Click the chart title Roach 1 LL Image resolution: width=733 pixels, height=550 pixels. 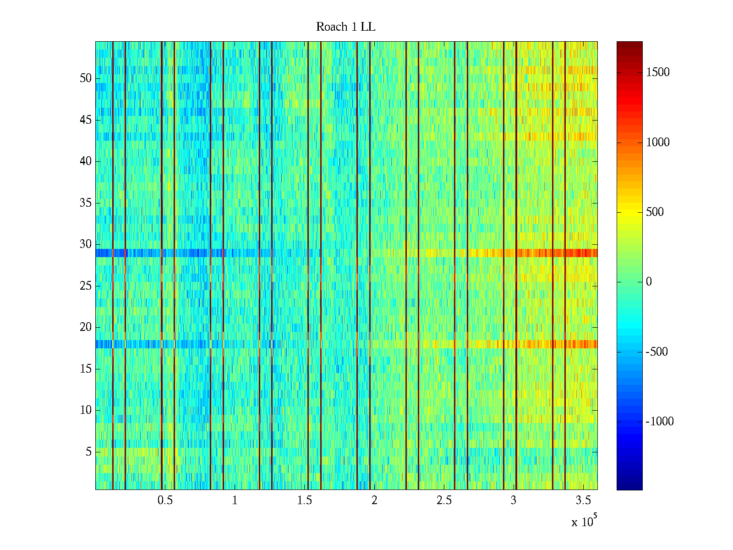click(x=345, y=27)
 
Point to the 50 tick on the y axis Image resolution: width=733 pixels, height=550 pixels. click(x=86, y=78)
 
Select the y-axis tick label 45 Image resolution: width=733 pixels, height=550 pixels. click(x=86, y=120)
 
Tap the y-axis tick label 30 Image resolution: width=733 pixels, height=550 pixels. click(x=86, y=244)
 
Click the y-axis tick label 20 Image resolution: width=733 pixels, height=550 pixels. click(x=86, y=327)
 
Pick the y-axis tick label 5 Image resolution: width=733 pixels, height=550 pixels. click(x=88, y=452)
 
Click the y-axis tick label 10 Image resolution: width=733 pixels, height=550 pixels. click(x=86, y=410)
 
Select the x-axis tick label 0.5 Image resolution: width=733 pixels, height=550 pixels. click(x=165, y=500)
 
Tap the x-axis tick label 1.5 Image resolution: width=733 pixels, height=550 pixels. click(x=305, y=500)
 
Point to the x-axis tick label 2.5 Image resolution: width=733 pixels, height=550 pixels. click(x=444, y=500)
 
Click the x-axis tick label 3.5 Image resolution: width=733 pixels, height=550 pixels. click(x=583, y=500)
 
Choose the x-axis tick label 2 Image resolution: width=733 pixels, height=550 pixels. click(x=374, y=500)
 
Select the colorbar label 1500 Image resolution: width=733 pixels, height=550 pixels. click(x=658, y=72)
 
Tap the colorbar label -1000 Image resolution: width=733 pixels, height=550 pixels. click(x=659, y=422)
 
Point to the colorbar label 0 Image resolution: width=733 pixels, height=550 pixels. click(x=649, y=282)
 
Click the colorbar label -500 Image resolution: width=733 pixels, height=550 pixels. click(x=656, y=352)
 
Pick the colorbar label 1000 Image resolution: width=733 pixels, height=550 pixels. click(x=658, y=143)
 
